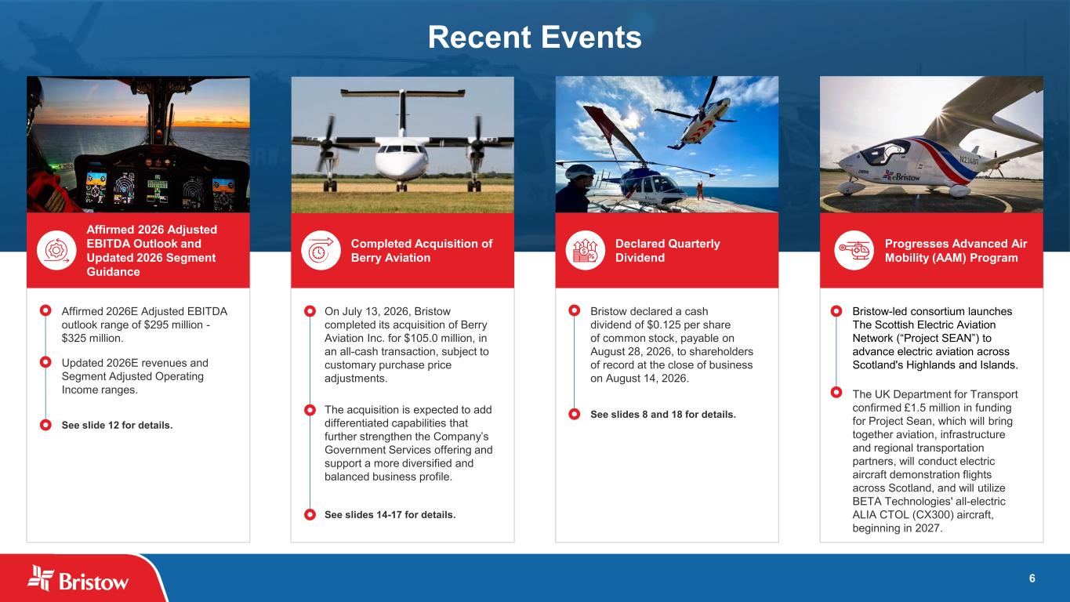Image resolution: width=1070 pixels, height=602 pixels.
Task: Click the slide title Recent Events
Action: coord(535,38)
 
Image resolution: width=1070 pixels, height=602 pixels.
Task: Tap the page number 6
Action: coord(1032,578)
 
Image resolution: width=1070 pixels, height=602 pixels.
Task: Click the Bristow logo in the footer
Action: coord(78,578)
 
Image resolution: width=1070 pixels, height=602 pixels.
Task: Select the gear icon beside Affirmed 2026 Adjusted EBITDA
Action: coord(56,250)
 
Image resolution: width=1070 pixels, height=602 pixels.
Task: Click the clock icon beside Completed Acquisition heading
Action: coord(321,250)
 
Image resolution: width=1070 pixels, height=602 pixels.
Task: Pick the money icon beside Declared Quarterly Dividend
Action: coord(585,250)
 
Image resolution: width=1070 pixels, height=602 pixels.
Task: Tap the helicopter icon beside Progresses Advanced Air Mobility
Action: coord(854,250)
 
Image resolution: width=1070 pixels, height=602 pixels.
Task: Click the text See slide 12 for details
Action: coord(117,425)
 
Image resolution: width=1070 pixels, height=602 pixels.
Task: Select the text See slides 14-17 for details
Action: coord(390,514)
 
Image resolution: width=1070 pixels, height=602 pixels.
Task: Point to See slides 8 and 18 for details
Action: coord(663,414)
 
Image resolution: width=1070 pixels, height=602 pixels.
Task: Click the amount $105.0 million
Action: coord(438,339)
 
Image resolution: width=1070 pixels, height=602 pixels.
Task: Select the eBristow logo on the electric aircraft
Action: coord(901,176)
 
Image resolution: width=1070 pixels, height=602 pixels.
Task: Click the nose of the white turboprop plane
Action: coord(401,164)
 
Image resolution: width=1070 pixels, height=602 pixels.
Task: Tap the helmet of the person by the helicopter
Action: coord(579,171)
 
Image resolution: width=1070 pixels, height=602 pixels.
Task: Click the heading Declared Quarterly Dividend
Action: coord(667,250)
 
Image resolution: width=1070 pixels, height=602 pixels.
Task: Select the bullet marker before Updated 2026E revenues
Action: coord(45,362)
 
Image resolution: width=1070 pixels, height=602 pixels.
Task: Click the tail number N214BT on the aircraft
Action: coord(969,160)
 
